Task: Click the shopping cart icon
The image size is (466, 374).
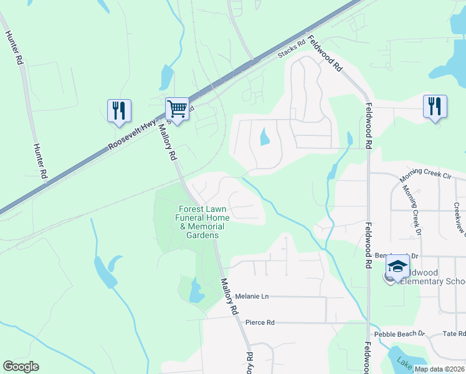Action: (177, 110)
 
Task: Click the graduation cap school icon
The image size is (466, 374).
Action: (397, 267)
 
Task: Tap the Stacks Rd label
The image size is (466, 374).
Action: (291, 50)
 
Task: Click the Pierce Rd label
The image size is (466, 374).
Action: (260, 322)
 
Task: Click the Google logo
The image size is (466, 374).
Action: (21, 367)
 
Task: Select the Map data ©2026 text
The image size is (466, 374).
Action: (439, 369)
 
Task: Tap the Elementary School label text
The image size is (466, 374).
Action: (433, 281)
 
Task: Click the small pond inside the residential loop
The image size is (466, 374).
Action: (265, 136)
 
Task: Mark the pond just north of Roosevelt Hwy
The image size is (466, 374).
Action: (166, 77)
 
